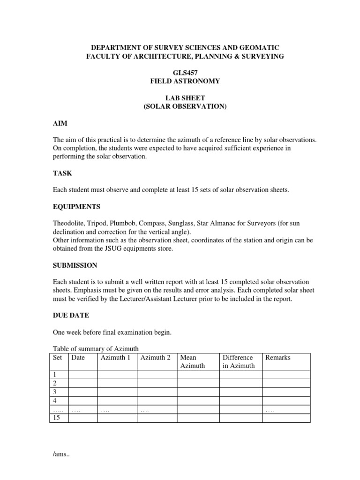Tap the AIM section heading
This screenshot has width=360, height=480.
[60, 123]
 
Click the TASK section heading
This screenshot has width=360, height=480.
[62, 173]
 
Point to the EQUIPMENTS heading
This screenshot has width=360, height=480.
[76, 206]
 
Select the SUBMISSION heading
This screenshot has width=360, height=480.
[75, 265]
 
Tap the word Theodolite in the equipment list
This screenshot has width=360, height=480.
[69, 223]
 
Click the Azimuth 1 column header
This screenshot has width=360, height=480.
[115, 358]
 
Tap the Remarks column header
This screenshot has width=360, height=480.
[278, 358]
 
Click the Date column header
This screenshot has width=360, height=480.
[78, 358]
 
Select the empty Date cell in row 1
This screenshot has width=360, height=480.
[82, 375]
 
